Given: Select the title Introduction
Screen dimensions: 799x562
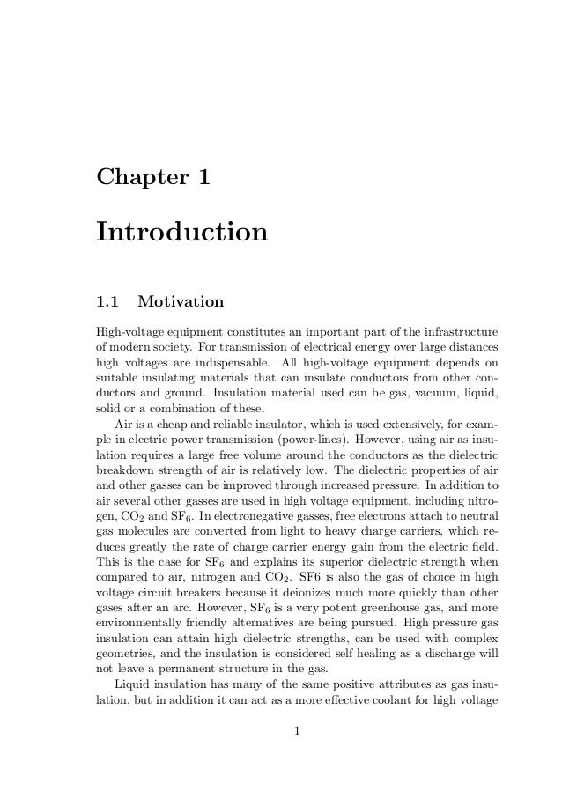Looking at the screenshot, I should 181,233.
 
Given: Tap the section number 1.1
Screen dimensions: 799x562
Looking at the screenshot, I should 107,303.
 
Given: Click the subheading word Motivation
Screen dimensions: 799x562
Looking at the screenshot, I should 181,303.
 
